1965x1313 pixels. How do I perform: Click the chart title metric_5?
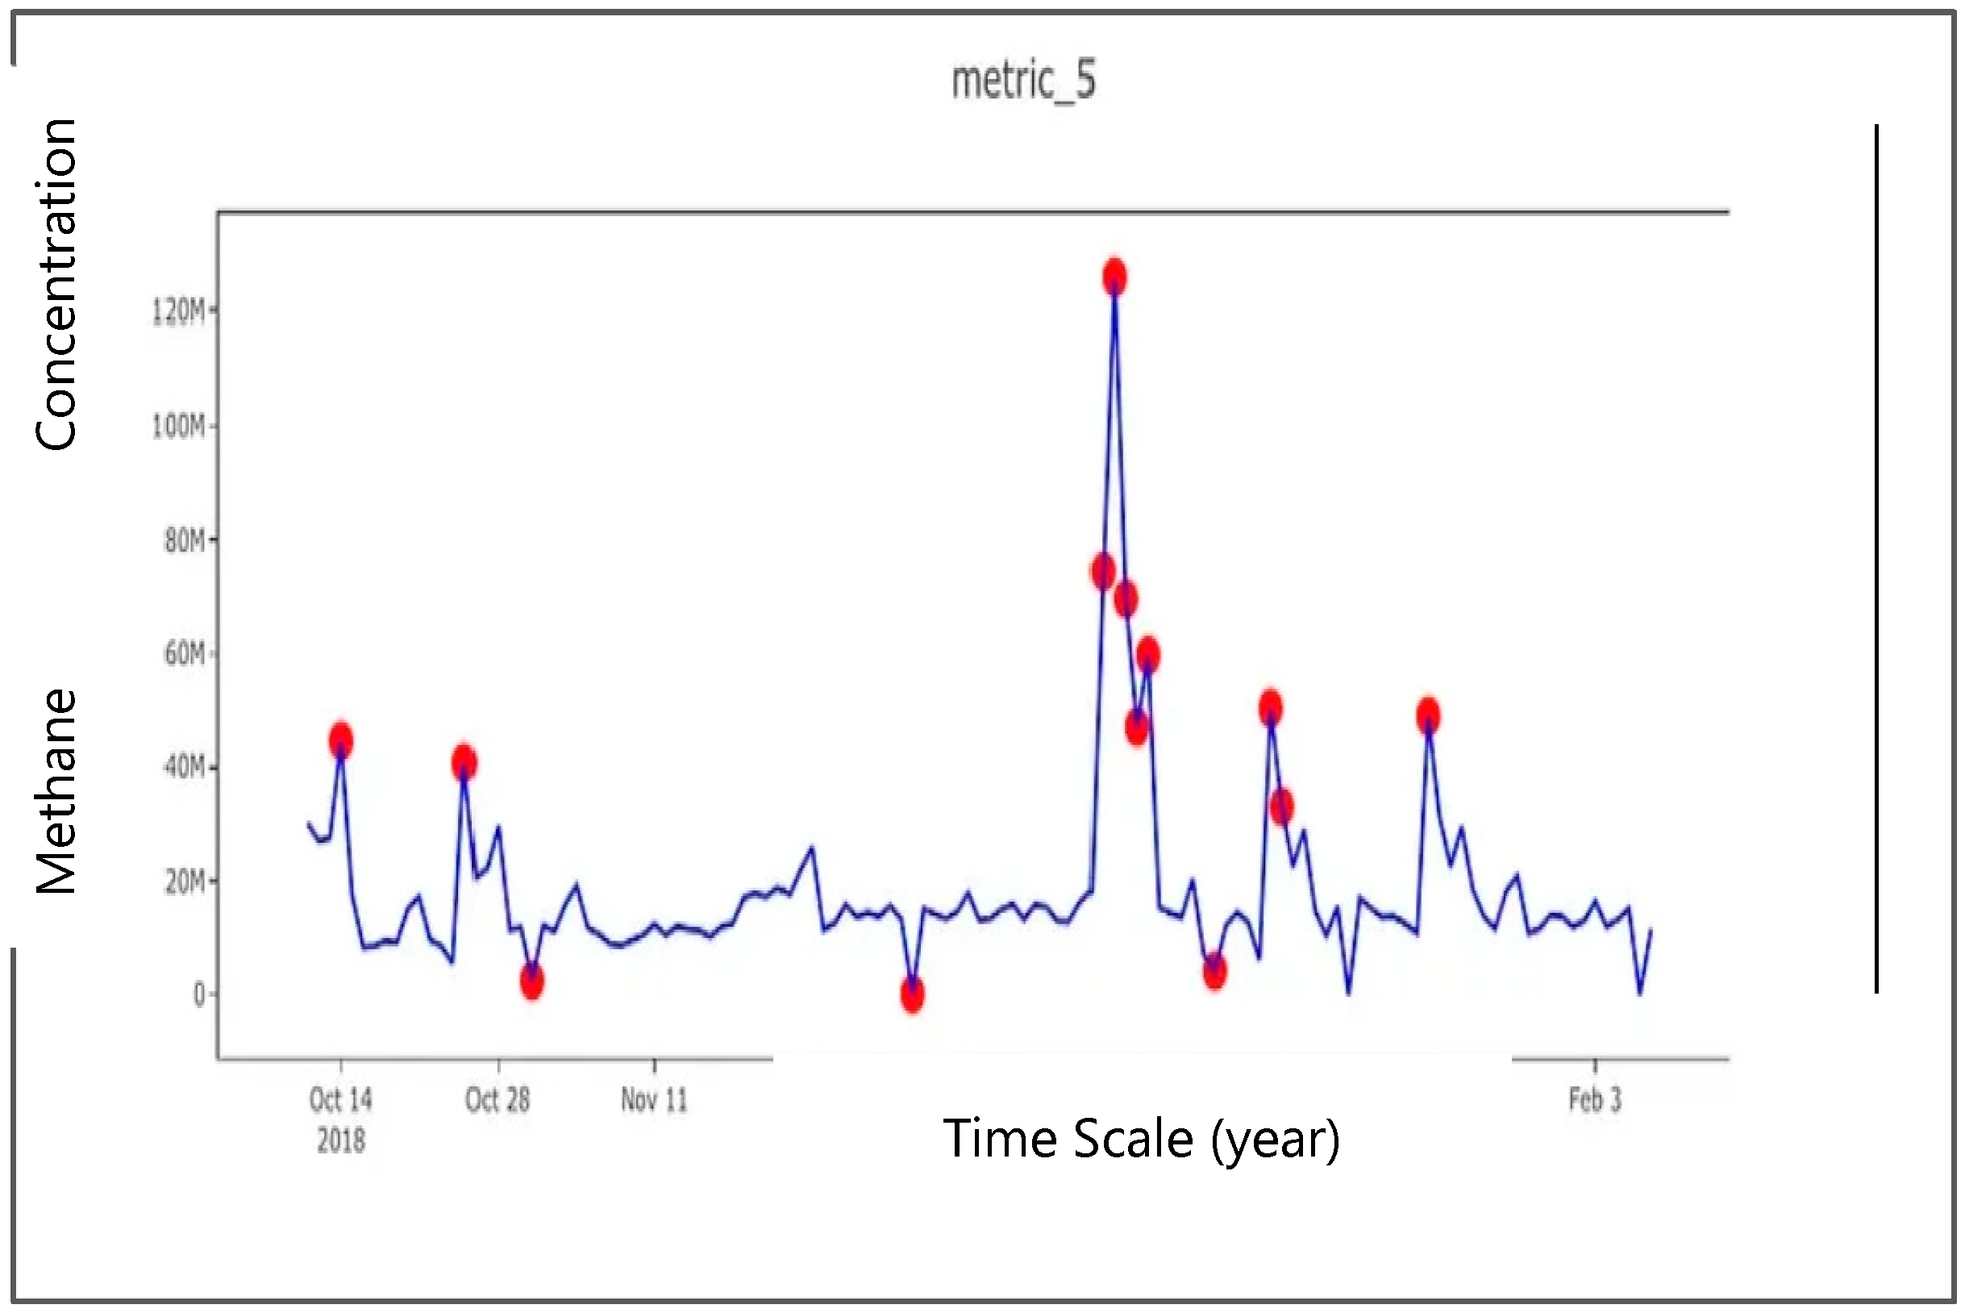pos(1023,81)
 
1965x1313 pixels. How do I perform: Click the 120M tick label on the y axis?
pos(177,311)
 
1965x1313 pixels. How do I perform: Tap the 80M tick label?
pos(184,541)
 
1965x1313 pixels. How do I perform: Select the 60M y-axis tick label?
pos(184,653)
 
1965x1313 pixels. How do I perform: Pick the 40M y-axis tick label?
pos(184,767)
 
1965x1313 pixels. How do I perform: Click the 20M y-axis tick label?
pos(184,881)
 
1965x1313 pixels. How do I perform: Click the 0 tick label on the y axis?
pos(199,994)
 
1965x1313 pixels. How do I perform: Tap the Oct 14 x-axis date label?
pos(340,1099)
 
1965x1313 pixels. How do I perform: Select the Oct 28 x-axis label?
pos(497,1099)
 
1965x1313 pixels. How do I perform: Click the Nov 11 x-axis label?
pos(654,1099)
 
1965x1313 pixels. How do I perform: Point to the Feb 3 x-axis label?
pos(1595,1099)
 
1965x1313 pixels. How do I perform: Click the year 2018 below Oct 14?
pos(340,1140)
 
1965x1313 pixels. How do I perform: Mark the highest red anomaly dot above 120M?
pos(1114,277)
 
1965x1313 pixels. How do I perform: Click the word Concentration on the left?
pos(57,285)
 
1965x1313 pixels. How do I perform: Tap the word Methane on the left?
pos(57,791)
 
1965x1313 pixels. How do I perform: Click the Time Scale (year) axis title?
pos(1141,1139)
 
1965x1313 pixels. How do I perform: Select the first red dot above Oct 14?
pos(341,740)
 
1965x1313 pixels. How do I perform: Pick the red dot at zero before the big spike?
pos(913,994)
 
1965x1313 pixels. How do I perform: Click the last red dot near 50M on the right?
pos(1428,716)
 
